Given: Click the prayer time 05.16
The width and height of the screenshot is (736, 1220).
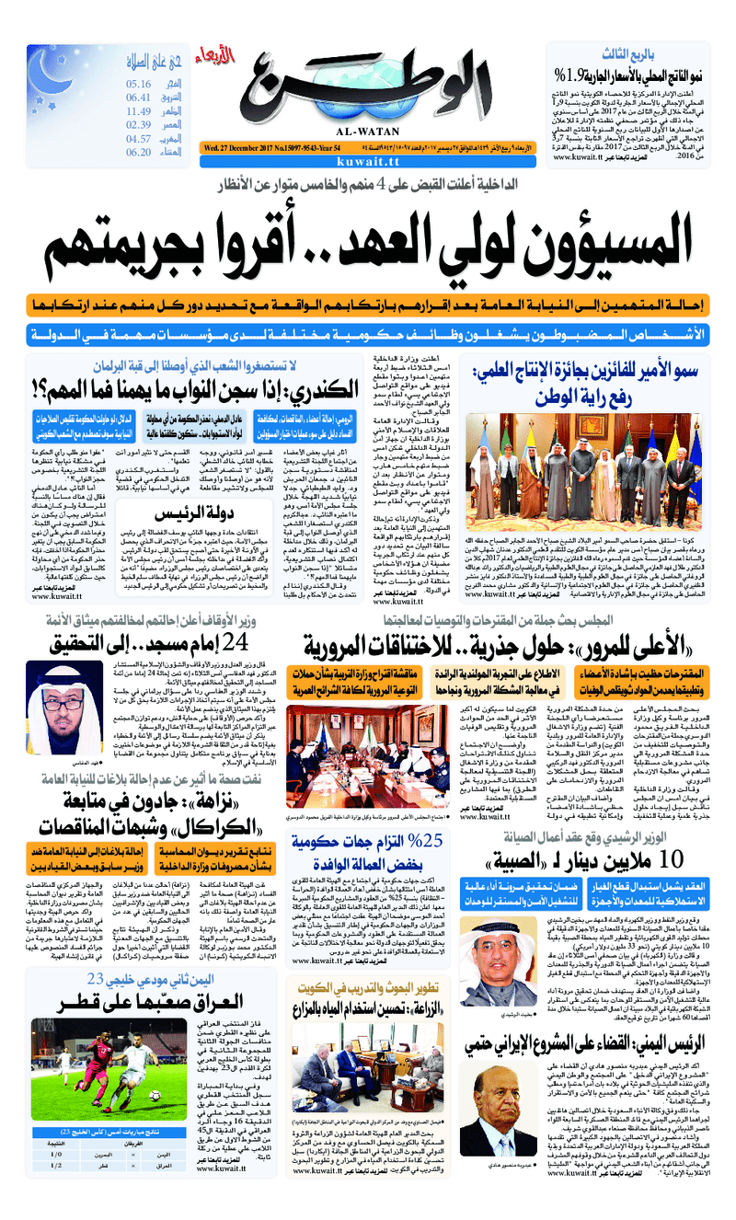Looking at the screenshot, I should point(139,84).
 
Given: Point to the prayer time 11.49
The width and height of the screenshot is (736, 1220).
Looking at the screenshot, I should point(139,111).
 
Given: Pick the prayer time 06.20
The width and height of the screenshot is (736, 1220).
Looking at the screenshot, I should point(139,152).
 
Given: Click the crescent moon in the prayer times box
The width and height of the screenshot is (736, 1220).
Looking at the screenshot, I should point(63,69).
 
